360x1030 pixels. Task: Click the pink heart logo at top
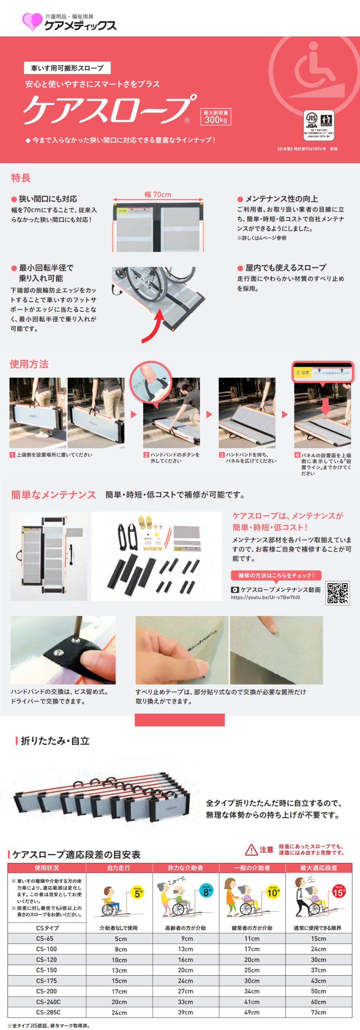coord(32,22)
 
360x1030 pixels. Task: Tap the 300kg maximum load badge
coord(216,117)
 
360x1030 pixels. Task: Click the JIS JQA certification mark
coord(319,124)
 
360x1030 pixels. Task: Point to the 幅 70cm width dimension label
coord(158,194)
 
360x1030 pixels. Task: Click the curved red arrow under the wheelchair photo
coord(154,326)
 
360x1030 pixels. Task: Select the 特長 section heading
coord(21,178)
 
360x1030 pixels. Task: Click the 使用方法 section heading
coord(29,364)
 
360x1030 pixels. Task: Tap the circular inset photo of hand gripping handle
coord(151,382)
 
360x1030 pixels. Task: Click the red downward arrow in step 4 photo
coord(325,406)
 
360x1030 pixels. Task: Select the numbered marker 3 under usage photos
coord(222,455)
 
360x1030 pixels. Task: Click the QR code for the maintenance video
coord(338,593)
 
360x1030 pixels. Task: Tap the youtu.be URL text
coord(265,597)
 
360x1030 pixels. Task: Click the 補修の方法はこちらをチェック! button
coord(276,575)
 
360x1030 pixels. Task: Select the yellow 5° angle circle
coord(138,894)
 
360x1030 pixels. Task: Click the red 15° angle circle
coord(338,892)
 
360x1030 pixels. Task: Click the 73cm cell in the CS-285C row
coord(318,1012)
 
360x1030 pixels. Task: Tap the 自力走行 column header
coord(119,868)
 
